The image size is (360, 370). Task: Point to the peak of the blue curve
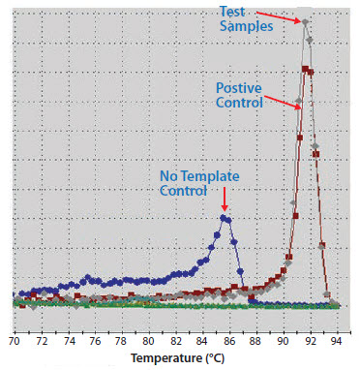225,218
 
